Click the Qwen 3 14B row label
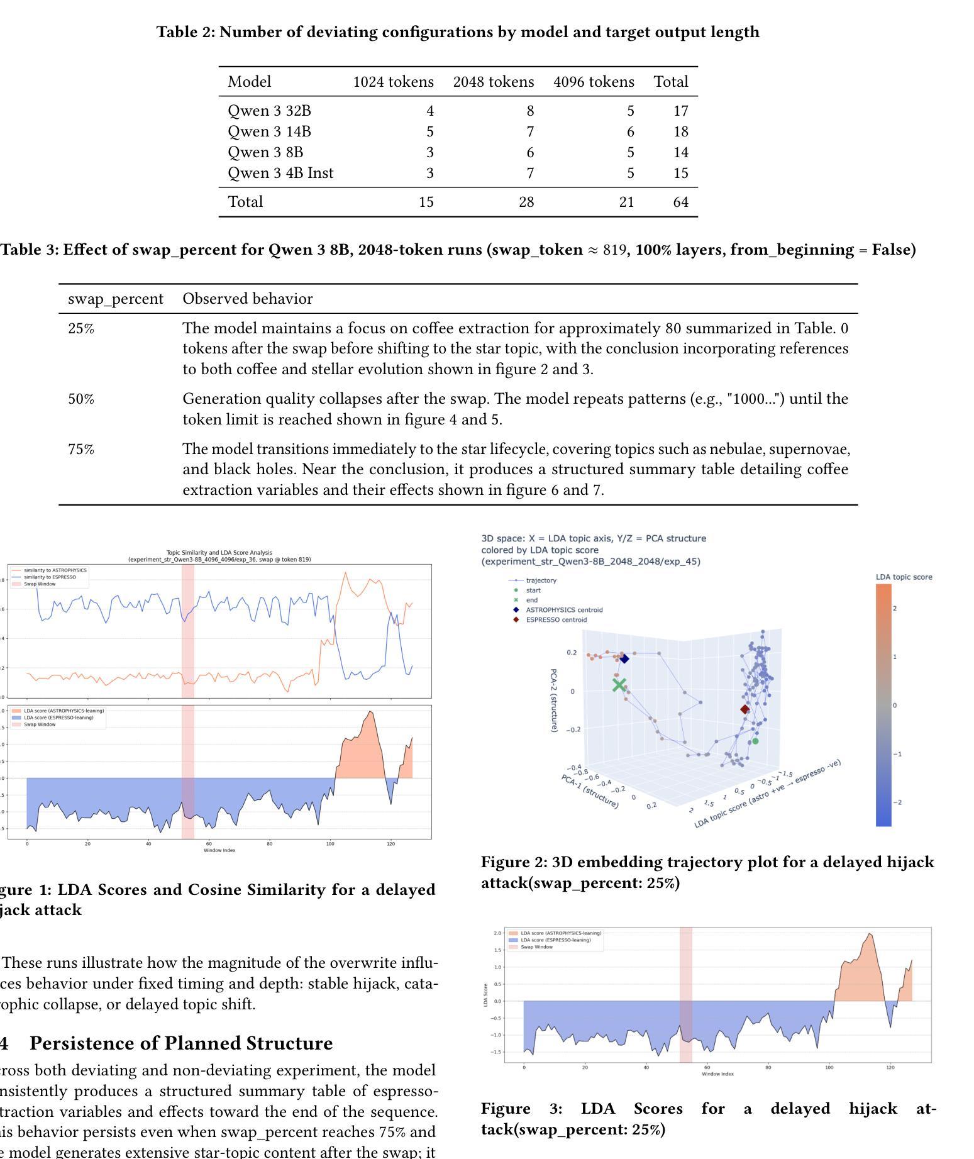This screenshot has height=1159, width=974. pos(269,131)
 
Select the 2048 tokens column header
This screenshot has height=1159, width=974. pos(493,82)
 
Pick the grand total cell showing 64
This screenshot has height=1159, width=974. pos(680,202)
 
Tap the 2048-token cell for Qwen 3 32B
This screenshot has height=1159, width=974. pos(530,111)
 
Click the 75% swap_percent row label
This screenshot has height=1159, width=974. pos(81,449)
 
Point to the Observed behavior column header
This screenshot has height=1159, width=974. pos(247,299)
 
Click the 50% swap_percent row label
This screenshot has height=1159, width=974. pos(81,399)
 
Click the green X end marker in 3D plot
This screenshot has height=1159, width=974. pos(619,685)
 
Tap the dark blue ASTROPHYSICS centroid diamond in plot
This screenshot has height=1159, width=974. pos(624,658)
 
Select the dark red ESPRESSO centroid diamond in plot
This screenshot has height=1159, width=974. pos(744,709)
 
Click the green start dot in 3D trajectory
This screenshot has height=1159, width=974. pos(755,741)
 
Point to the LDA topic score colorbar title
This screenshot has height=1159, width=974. pos(904,577)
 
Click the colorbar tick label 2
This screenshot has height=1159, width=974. pos(895,608)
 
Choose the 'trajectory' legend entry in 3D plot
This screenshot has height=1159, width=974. pos(541,580)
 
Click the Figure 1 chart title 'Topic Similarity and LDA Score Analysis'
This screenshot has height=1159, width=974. pos(219,553)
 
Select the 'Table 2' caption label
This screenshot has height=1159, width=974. pos(185,32)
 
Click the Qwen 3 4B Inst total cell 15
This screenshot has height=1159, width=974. pos(680,173)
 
